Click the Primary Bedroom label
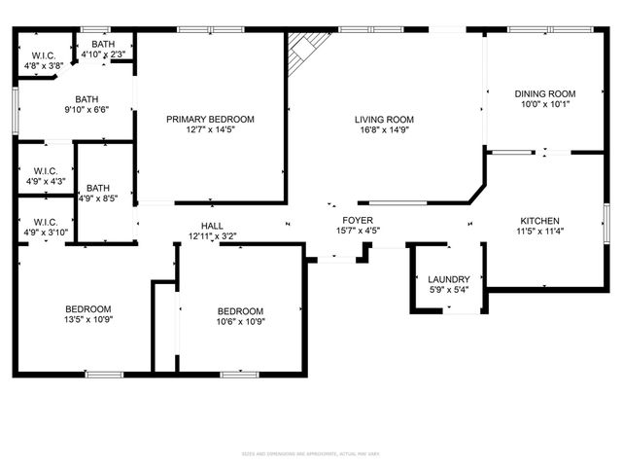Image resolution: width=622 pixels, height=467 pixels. [210, 119]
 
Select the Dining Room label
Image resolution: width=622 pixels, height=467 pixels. [546, 93]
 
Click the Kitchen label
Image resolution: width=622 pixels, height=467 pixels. [539, 220]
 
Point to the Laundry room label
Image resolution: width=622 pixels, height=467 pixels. [449, 278]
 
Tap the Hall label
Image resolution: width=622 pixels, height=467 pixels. [212, 225]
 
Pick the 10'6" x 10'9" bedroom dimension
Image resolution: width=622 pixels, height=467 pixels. [240, 322]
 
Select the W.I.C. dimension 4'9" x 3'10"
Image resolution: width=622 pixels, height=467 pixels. [45, 233]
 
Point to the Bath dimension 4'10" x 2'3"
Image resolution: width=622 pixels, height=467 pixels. [103, 54]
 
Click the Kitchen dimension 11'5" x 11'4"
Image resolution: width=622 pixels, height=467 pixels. [538, 233]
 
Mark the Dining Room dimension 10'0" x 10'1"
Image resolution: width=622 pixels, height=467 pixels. [545, 105]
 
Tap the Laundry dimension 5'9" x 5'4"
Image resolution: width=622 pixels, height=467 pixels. [449, 290]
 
